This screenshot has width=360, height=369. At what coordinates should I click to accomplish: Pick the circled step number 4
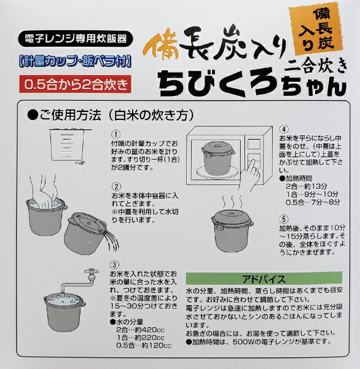point(283,129)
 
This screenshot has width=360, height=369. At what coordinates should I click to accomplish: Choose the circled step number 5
point(283,218)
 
